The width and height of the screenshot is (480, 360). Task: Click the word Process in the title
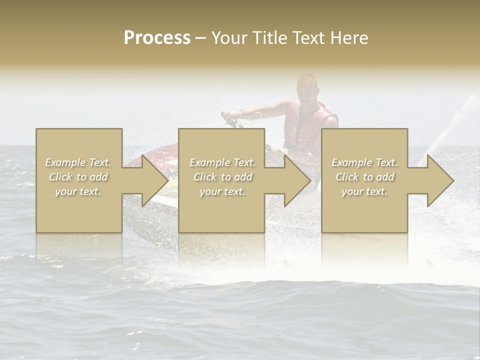pyautogui.click(x=157, y=38)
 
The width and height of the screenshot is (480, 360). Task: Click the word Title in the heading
pyautogui.click(x=269, y=38)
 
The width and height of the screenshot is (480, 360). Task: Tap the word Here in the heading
pyautogui.click(x=349, y=38)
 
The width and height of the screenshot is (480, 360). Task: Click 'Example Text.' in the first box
pyautogui.click(x=78, y=162)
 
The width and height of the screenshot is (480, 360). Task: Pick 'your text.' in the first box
pyautogui.click(x=78, y=191)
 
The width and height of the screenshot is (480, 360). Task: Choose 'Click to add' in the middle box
pyautogui.click(x=222, y=177)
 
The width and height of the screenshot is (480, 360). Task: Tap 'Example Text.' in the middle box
pyautogui.click(x=222, y=162)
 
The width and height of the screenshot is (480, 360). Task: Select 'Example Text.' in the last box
pyautogui.click(x=364, y=162)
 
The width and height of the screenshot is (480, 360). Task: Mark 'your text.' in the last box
pyautogui.click(x=364, y=191)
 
